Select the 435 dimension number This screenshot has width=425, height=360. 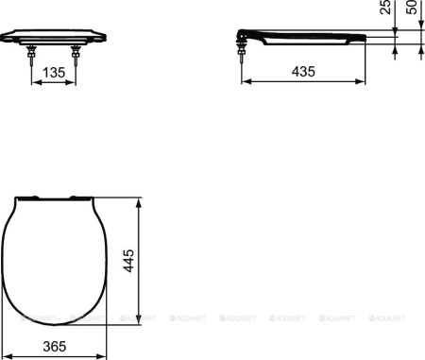(301, 71)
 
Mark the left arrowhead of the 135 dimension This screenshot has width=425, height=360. (37, 80)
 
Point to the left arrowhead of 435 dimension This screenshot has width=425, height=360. (247, 80)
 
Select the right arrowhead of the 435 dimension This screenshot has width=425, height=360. (365, 80)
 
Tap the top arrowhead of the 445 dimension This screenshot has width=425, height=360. (141, 200)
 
